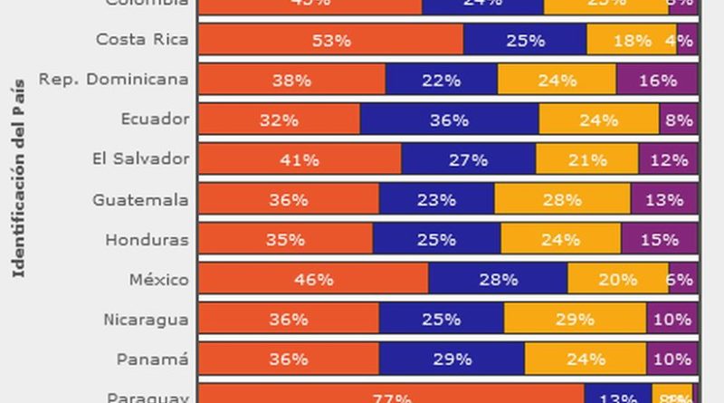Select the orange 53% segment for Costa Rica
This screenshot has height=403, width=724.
point(330,40)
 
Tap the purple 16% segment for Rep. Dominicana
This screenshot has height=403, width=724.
point(657,80)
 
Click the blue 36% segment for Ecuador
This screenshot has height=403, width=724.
point(449,120)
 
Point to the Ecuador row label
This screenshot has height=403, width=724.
point(155,119)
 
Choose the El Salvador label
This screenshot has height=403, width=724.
point(140,158)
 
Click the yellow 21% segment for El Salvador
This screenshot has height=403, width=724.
point(587,159)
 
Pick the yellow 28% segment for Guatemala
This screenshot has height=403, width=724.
point(562,199)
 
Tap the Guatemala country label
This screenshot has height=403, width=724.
point(140,199)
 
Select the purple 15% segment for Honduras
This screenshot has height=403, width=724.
point(659,239)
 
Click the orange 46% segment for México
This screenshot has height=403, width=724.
point(313,279)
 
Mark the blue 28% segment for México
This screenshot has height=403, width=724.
point(498,279)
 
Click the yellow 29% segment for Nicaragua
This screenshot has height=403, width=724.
point(575,319)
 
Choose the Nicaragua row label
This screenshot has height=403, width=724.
point(145,319)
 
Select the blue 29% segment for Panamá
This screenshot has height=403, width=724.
point(452,359)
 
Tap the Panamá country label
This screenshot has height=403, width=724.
point(152,359)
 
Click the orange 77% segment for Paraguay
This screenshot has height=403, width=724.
point(391,396)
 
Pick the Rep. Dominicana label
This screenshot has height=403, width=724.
point(113,79)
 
